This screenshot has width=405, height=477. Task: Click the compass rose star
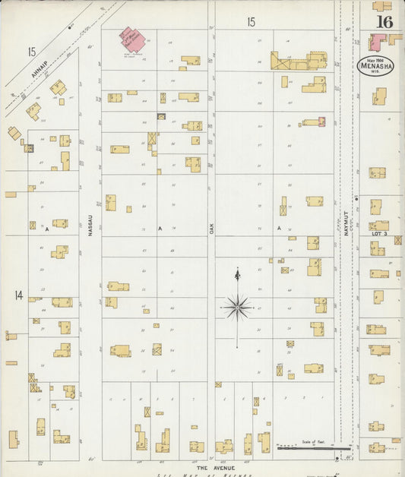coord(238,307)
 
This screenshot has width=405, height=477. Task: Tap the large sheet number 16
coord(384,21)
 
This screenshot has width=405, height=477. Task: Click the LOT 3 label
coord(380,235)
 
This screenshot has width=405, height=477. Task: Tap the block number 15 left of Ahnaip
coord(31,52)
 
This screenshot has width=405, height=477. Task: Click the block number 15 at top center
coord(250,23)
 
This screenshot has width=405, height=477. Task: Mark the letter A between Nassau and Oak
coord(160,228)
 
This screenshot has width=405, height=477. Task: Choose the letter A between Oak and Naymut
coord(279,228)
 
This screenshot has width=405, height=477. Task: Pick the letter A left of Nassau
coord(46,228)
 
